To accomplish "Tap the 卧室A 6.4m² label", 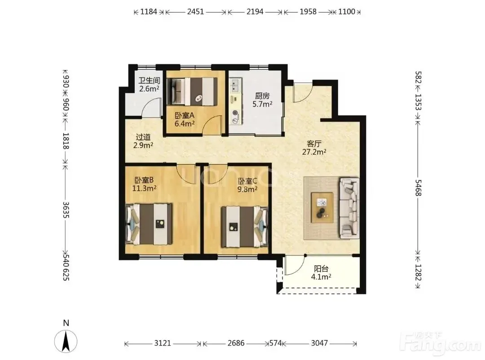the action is (x=185, y=120).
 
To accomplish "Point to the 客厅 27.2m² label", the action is (x=314, y=148).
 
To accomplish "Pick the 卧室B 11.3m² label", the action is (x=144, y=184).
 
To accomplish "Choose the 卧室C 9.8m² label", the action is (x=247, y=185).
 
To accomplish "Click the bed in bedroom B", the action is (x=149, y=224).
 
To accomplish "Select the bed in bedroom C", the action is (x=245, y=227).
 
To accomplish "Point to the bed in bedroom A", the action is (x=192, y=91).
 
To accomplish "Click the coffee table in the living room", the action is (x=322, y=207).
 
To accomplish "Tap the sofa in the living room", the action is (x=349, y=208).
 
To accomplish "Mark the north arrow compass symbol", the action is (x=66, y=341).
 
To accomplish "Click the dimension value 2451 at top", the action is (x=195, y=12).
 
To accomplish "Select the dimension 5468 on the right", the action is (x=418, y=188).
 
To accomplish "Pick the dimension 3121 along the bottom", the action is (x=163, y=343).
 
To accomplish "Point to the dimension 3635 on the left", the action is (x=66, y=210).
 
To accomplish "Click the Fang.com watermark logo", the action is (x=441, y=344).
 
